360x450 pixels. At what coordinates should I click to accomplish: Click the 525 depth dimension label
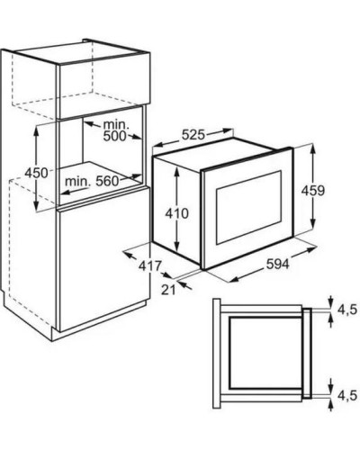coord(193,135)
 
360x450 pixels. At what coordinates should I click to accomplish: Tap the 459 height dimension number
coord(313,191)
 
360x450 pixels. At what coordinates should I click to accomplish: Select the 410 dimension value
coord(177,213)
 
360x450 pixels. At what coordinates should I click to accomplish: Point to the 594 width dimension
coord(277,265)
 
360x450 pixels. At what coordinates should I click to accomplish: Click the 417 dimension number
coord(150,265)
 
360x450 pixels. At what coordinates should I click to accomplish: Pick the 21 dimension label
coord(168,290)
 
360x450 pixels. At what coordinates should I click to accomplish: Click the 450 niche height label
coord(36,173)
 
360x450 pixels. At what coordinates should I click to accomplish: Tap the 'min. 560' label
coord(92,181)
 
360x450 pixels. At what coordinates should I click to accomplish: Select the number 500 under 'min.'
coord(115,136)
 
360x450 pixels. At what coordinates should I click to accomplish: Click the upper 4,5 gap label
coord(347,310)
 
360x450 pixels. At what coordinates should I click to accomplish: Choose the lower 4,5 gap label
coord(347,395)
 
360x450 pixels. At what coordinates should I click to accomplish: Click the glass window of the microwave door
coord(248,207)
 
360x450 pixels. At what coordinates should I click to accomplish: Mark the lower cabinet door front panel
coord(104,259)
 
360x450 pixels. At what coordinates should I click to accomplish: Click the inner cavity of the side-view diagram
coord(265,353)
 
